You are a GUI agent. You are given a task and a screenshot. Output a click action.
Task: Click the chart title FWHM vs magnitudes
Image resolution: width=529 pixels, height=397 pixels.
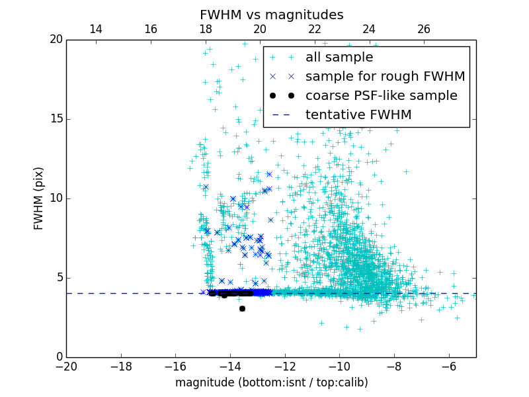(271, 15)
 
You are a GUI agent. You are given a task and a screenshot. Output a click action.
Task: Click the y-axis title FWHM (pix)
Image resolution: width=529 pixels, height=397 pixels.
(39, 198)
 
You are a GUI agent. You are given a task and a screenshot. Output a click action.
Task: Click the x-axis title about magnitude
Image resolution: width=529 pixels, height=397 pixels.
(271, 382)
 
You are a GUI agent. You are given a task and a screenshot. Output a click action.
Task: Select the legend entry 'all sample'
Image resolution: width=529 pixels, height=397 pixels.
(339, 58)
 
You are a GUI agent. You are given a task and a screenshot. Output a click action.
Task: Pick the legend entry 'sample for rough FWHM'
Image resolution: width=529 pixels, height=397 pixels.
(385, 77)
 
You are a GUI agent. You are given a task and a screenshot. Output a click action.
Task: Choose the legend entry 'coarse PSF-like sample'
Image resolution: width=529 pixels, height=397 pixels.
(381, 96)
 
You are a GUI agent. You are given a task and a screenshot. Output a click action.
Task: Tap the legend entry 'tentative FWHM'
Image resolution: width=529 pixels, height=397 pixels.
(358, 115)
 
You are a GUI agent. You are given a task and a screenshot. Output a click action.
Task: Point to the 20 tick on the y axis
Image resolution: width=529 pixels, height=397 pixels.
(55, 40)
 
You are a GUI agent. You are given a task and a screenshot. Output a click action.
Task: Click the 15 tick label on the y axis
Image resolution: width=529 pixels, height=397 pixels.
(55, 119)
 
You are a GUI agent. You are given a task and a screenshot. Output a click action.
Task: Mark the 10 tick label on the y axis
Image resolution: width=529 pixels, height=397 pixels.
(55, 198)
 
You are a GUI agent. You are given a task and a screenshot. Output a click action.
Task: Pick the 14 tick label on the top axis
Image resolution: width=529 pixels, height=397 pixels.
(95, 29)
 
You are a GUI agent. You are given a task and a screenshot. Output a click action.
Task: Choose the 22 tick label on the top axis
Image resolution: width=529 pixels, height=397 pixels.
(314, 29)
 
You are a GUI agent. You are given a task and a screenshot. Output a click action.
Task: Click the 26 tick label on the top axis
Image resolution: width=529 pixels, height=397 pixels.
(424, 29)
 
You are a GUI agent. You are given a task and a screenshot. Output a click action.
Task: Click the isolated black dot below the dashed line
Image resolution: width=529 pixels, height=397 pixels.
(242, 308)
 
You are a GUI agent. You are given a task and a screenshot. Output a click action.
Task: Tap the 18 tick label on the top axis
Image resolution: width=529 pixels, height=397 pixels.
(205, 29)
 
